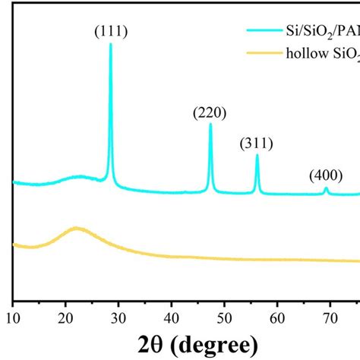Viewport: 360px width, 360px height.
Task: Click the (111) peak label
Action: (111, 32)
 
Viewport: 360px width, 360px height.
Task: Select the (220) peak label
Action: (210, 113)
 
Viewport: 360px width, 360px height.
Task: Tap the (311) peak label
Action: (257, 144)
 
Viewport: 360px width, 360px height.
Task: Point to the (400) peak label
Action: (326, 176)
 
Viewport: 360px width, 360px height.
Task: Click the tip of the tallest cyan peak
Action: (111, 44)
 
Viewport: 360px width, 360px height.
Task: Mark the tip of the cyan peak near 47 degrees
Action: (210, 125)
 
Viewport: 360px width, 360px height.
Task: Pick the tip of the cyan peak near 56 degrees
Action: (257, 155)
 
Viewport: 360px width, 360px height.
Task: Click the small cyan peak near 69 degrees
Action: (326, 188)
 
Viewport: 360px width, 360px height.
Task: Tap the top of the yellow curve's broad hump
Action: (76, 227)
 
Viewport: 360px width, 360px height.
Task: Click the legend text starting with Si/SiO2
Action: (320, 31)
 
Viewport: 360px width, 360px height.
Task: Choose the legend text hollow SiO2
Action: (322, 53)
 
